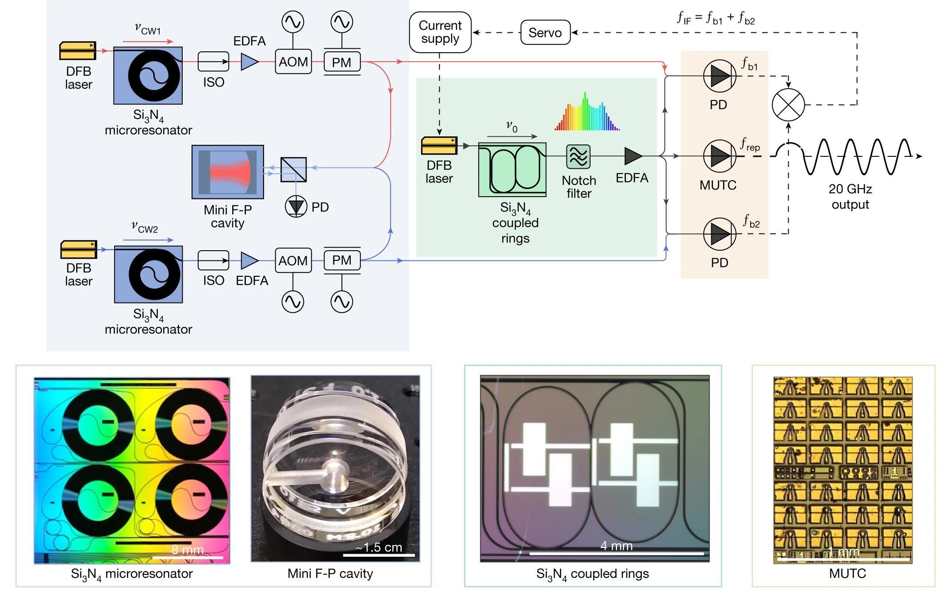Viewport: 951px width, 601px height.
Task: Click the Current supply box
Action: pyautogui.click(x=440, y=32)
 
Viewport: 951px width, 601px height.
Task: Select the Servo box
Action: pyautogui.click(x=545, y=32)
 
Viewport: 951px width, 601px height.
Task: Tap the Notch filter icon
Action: pyautogui.click(x=578, y=156)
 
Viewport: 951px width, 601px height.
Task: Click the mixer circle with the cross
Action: pyautogui.click(x=788, y=105)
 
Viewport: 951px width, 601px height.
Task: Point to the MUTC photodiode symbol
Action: pyautogui.click(x=720, y=156)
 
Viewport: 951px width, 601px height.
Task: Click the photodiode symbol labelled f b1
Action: pyautogui.click(x=720, y=76)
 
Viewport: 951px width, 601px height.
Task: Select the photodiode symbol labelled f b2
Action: pyautogui.click(x=720, y=234)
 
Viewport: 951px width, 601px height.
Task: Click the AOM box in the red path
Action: pyautogui.click(x=293, y=62)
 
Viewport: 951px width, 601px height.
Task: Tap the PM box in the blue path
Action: pyautogui.click(x=342, y=260)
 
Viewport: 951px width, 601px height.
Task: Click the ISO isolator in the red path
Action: pyautogui.click(x=213, y=62)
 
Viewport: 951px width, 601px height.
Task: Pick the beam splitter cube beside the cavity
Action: pyautogui.click(x=294, y=170)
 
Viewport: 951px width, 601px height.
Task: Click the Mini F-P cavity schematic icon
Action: pyautogui.click(x=228, y=172)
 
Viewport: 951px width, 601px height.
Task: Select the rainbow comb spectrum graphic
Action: pyautogui.click(x=587, y=113)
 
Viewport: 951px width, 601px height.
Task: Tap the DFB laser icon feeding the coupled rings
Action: pyautogui.click(x=439, y=146)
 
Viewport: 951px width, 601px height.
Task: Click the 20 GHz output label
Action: pyautogui.click(x=850, y=197)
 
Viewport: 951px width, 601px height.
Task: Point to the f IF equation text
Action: pyautogui.click(x=716, y=18)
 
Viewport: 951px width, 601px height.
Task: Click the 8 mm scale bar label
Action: pyautogui.click(x=188, y=550)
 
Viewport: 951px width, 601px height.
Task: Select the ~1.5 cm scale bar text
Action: pyautogui.click(x=379, y=547)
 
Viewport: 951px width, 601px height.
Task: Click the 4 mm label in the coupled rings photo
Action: pyautogui.click(x=616, y=546)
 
